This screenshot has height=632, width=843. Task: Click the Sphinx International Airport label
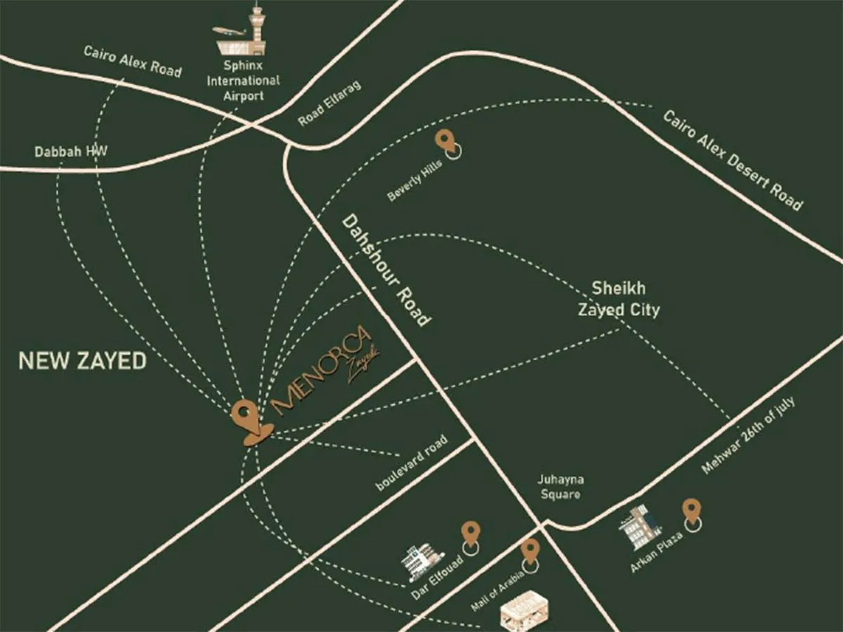242,80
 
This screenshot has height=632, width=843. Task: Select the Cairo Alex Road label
132,60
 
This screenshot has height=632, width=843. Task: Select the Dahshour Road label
386,270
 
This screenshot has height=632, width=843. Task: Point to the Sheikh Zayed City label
618,299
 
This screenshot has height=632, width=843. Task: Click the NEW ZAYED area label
82,361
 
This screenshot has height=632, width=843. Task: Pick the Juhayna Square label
561,487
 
